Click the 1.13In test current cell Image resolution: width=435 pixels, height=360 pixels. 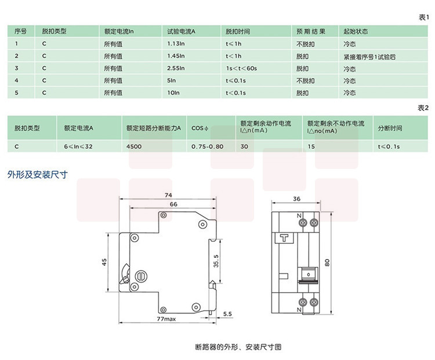[x=176, y=44]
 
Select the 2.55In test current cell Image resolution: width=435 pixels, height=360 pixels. [x=176, y=69]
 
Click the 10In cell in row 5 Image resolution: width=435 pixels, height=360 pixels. [x=172, y=93]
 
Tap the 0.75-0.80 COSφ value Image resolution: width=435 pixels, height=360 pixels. [x=207, y=146]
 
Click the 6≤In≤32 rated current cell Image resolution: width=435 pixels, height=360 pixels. [x=78, y=146]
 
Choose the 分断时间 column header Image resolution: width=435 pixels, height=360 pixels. [x=390, y=128]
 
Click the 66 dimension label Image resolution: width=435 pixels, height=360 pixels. [x=173, y=204]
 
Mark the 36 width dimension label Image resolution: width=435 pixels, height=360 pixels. [x=297, y=199]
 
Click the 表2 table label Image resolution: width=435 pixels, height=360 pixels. [x=423, y=108]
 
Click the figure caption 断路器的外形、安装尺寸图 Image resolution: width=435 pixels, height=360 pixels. [x=238, y=347]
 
